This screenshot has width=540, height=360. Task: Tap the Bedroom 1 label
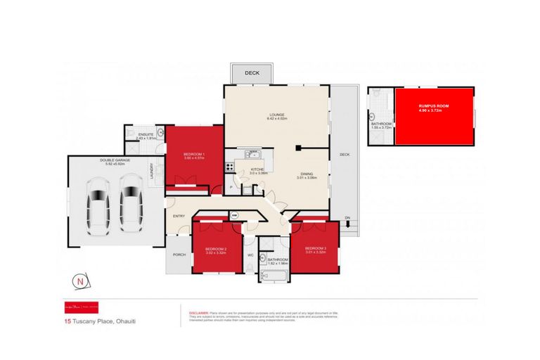pos(193,154)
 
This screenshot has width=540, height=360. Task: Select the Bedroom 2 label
pos(214,249)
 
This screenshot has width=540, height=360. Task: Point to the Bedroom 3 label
pos(314,249)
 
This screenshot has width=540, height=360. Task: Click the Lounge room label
pos(276,115)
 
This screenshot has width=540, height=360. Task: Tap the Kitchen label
pos(258,170)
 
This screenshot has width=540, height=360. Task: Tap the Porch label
pos(178,255)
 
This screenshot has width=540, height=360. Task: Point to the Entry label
pos(179,216)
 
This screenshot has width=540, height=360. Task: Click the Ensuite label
pos(146,134)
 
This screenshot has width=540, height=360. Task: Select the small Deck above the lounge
pos(251,73)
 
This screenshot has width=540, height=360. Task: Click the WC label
pos(250,255)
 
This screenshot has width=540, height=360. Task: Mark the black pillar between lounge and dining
pos(299,148)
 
